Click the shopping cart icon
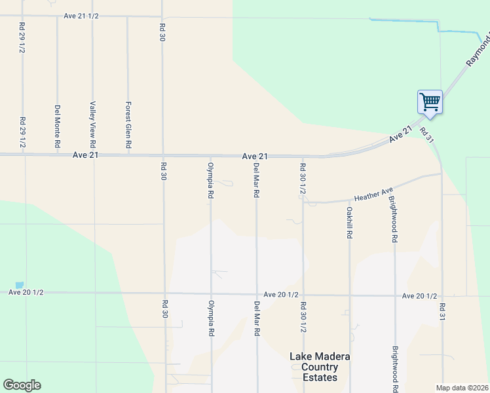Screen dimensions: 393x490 (430, 102)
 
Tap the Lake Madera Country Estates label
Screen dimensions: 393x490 (320, 367)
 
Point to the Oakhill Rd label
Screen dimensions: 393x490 (350, 223)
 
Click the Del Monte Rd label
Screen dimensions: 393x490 (58, 125)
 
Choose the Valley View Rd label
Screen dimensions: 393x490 (93, 124)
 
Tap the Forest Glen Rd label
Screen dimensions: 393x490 (129, 124)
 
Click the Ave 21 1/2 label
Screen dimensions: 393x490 (81, 16)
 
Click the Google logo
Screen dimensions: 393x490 (22, 385)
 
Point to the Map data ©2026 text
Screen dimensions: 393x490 (461, 388)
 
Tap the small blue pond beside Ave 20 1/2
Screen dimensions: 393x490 (19, 285)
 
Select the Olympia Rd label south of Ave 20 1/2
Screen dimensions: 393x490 (211, 318)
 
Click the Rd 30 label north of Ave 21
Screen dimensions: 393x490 (162, 33)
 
